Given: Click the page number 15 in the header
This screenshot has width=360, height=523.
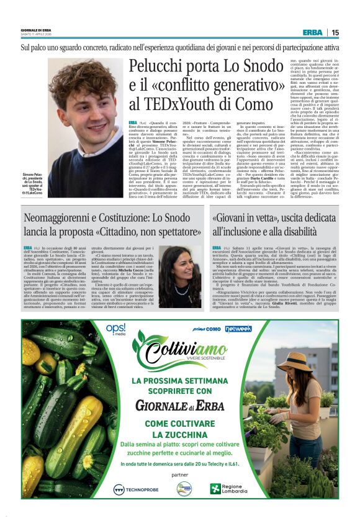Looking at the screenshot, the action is click(x=335, y=32).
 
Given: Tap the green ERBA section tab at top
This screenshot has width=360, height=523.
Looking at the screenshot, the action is click(x=312, y=32).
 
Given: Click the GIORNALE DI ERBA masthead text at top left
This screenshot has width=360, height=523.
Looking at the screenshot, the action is click(x=38, y=29).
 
